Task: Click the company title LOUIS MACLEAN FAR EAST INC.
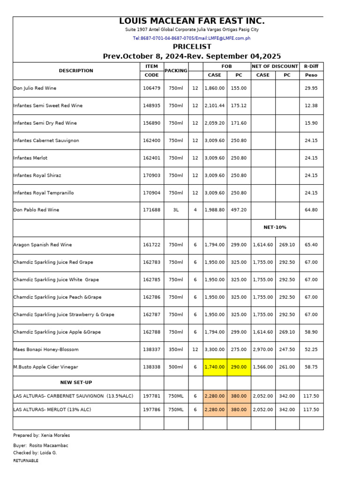[x=192, y=21]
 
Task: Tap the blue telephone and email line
[x=192, y=38]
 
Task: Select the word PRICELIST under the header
[x=192, y=47]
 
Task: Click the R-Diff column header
[x=311, y=67]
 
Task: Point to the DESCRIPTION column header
[x=76, y=71]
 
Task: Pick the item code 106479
[x=151, y=88]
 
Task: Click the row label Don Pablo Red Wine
[x=36, y=210]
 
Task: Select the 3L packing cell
[x=176, y=210]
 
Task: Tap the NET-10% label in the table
[x=275, y=227]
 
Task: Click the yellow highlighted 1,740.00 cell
[x=215, y=367]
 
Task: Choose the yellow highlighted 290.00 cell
[x=239, y=367]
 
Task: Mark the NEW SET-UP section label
[x=76, y=382]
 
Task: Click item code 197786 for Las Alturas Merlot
[x=151, y=410]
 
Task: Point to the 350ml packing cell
[x=176, y=350]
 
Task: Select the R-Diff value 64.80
[x=311, y=210]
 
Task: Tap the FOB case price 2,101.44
[x=215, y=106]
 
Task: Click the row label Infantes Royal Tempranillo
[x=44, y=193]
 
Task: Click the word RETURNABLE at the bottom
[x=26, y=461]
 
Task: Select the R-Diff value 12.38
[x=311, y=106]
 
